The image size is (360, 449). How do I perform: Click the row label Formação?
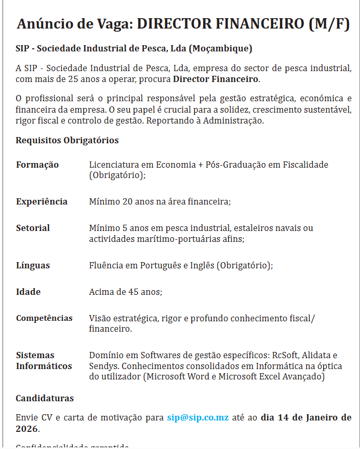[37, 165]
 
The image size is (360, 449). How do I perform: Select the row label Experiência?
[42, 201]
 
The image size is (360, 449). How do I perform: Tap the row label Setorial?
[33, 228]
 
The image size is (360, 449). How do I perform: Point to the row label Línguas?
[33, 265]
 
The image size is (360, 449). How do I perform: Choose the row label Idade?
[28, 292]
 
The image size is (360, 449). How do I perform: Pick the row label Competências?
[44, 318]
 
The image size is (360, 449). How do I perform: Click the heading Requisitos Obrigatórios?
[67, 140]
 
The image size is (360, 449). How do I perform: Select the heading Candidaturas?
[45, 399]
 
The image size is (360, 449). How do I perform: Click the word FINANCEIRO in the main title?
[258, 24]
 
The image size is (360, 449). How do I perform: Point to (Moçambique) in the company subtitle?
[220, 49]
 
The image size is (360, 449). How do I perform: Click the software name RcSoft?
[288, 356]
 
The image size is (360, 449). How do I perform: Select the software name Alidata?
[319, 356]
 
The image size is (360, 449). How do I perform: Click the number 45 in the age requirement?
[133, 292]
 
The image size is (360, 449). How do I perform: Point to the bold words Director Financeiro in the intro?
[216, 79]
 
